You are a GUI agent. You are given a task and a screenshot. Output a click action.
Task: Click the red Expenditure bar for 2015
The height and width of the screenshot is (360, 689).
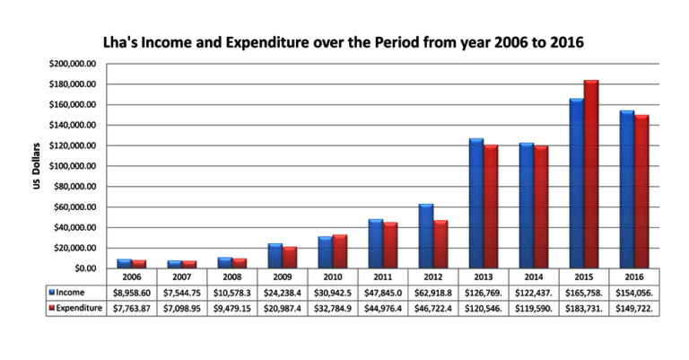[x=591, y=174]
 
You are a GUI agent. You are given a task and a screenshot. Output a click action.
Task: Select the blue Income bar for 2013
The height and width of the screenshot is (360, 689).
[x=476, y=203]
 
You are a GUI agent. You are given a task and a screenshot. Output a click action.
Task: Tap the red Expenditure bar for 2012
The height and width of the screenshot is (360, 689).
[x=440, y=244]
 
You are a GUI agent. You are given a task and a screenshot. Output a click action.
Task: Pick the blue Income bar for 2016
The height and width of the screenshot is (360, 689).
[x=627, y=189]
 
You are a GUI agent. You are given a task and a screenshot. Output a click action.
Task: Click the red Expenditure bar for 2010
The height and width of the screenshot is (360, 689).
[x=340, y=251]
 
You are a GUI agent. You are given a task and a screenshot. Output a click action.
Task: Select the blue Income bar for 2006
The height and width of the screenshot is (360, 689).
[x=125, y=263]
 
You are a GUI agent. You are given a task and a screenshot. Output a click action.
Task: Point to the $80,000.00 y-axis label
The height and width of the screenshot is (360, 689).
[x=74, y=187]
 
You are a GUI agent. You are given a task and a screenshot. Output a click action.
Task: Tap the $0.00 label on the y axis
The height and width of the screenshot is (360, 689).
[x=85, y=268]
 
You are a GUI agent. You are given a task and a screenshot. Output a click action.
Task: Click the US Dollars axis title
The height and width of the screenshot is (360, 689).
[x=37, y=166]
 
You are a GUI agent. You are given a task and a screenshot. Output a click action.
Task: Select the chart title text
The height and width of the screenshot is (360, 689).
[x=344, y=42]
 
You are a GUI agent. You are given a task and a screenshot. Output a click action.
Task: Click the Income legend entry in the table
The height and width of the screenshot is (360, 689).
[x=66, y=293]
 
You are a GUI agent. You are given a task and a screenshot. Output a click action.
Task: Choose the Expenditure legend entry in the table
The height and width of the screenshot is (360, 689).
[x=75, y=308]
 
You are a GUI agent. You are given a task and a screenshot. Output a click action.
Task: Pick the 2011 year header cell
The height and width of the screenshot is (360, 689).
[x=383, y=277]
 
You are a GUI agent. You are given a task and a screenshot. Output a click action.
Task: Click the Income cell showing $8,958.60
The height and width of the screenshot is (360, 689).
[x=132, y=293]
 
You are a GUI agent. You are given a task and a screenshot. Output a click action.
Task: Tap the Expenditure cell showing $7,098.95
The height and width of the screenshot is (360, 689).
[x=182, y=309]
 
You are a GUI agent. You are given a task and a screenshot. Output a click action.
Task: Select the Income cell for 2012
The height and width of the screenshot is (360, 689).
[x=432, y=293]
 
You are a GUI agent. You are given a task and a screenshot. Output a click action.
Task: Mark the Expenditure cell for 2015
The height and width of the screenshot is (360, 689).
[x=584, y=309]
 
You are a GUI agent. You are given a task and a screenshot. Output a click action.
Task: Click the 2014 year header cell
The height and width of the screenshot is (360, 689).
[x=534, y=277]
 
